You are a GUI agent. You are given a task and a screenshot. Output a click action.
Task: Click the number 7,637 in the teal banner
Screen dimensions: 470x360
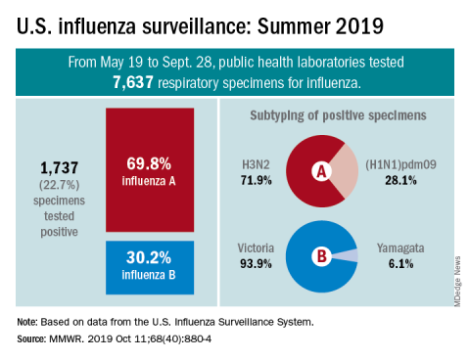pos(133,82)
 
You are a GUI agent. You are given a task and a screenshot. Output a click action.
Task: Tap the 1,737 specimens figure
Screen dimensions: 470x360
pos(59,168)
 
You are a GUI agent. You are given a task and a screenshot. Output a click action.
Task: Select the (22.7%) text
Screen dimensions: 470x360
pos(59,185)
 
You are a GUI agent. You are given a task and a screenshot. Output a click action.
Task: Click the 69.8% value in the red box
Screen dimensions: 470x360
pos(149,163)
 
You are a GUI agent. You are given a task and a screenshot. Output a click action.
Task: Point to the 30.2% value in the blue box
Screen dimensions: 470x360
pos(149,257)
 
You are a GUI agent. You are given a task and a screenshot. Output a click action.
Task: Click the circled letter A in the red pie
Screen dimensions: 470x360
pos(321,171)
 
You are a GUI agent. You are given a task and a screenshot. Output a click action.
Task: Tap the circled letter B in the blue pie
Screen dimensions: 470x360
pos(321,256)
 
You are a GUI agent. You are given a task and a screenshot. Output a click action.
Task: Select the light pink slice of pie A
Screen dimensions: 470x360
pos(346,171)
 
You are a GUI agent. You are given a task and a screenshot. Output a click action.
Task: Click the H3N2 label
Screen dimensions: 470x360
pos(256,164)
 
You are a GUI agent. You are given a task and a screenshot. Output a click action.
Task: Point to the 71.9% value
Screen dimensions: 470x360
pos(257,180)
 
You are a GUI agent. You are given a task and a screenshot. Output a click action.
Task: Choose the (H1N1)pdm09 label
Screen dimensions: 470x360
pos(400,164)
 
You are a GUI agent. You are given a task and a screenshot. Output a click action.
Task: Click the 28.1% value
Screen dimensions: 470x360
pos(400,180)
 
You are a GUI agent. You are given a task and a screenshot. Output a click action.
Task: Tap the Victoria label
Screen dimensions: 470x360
pos(256,248)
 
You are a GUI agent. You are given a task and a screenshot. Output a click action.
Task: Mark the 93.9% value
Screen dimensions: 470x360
pos(256,263)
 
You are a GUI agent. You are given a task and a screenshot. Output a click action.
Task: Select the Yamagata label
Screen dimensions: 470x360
pos(400,248)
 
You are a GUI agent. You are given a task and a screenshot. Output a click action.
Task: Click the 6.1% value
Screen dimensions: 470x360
pos(400,263)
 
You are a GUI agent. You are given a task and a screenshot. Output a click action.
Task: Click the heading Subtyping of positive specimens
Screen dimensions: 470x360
pos(338,115)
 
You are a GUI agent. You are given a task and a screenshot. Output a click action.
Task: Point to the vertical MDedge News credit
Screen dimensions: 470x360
pos(457,282)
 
